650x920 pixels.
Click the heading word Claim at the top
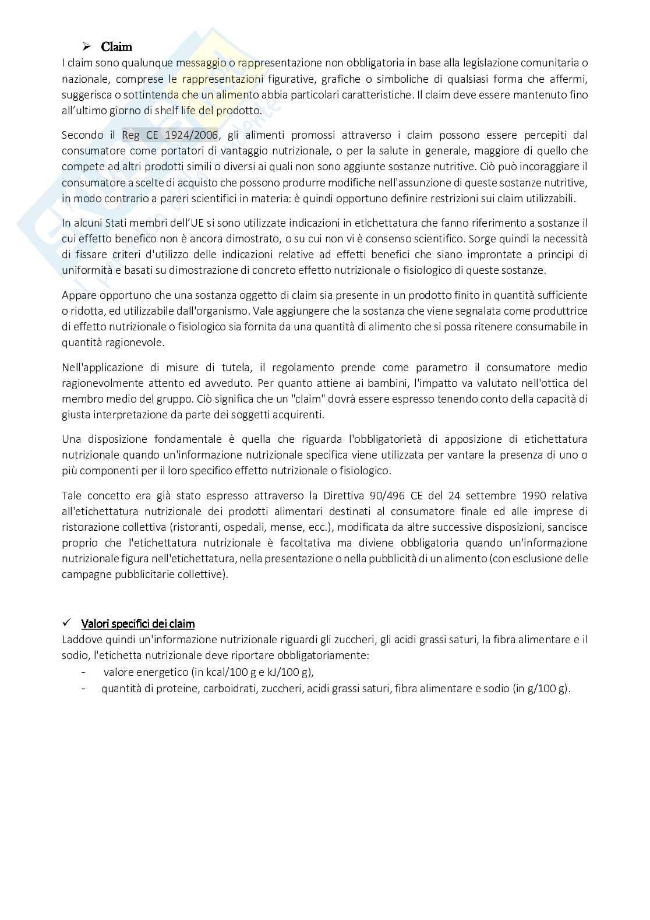pyautogui.click(x=116, y=47)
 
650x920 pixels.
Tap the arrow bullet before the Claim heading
pyautogui.click(x=87, y=47)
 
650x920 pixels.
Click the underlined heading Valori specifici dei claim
pyautogui.click(x=138, y=624)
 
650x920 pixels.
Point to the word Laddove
pyautogui.click(x=80, y=640)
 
